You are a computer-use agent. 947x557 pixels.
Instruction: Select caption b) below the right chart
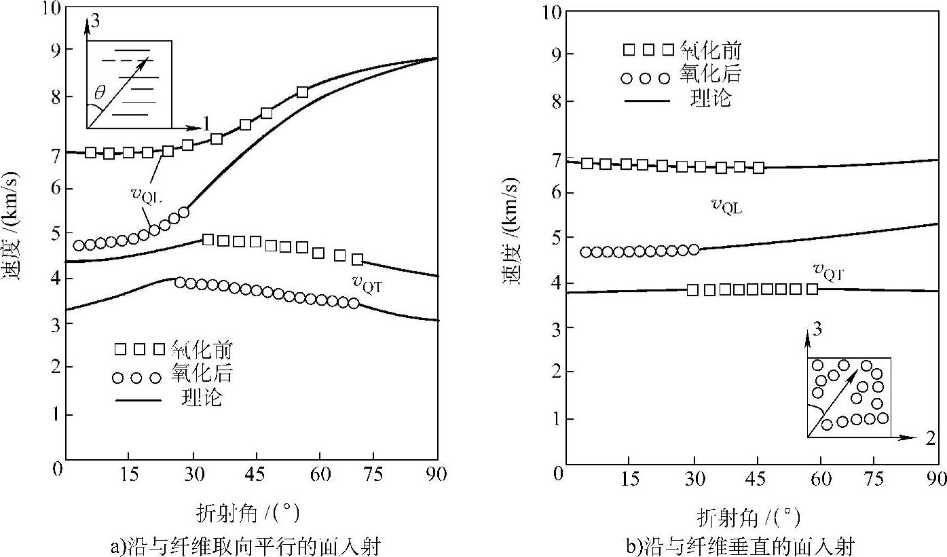740,545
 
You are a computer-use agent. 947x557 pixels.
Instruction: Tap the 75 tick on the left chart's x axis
373,474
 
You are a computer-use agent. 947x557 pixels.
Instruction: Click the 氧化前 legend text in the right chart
709,50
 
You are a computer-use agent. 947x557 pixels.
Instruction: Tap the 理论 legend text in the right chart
711,98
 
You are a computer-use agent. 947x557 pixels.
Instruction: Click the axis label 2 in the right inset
930,438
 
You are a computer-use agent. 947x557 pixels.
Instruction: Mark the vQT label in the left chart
367,283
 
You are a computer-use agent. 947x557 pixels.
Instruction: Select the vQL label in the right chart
726,206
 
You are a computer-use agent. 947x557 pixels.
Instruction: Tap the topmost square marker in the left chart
303,92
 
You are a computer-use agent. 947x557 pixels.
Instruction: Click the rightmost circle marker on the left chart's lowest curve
353,303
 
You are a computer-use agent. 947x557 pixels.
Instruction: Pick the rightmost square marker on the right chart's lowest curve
812,289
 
